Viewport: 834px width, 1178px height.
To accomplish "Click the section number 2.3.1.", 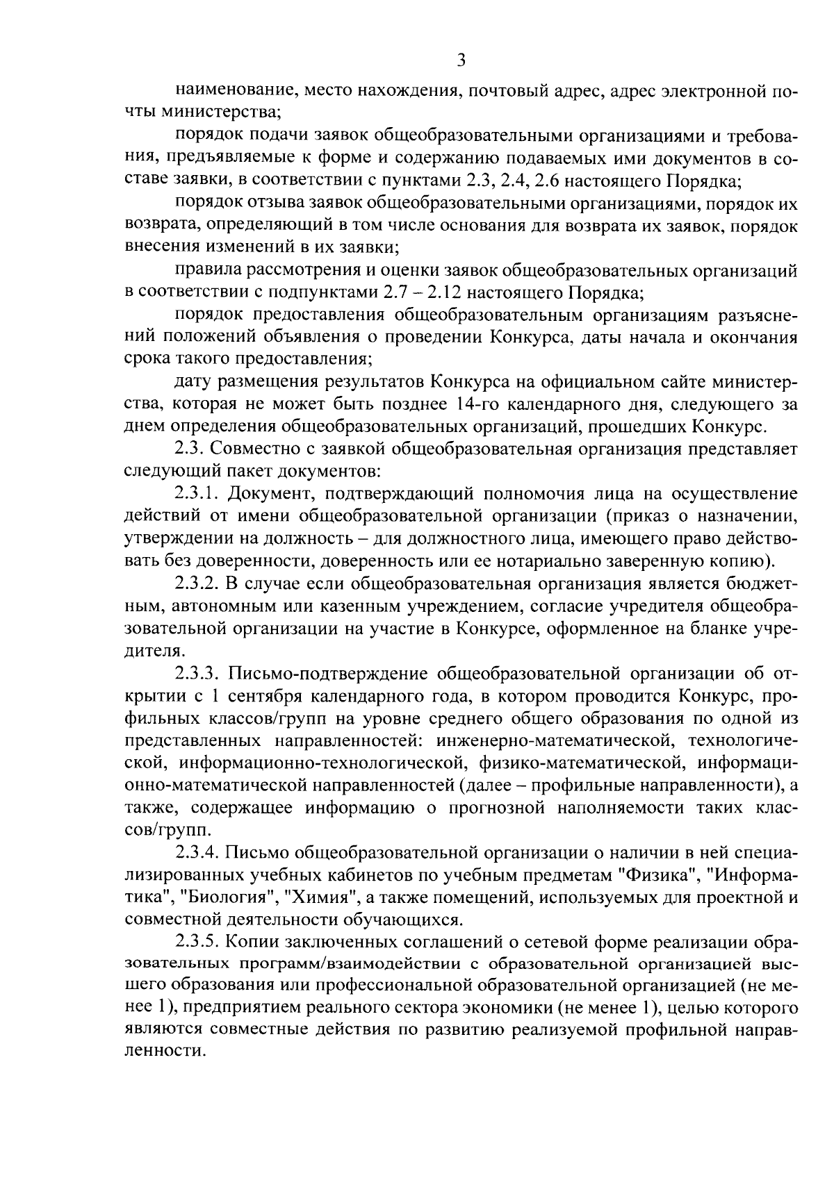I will [x=197, y=494].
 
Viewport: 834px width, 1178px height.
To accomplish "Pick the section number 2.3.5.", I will [x=197, y=942].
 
